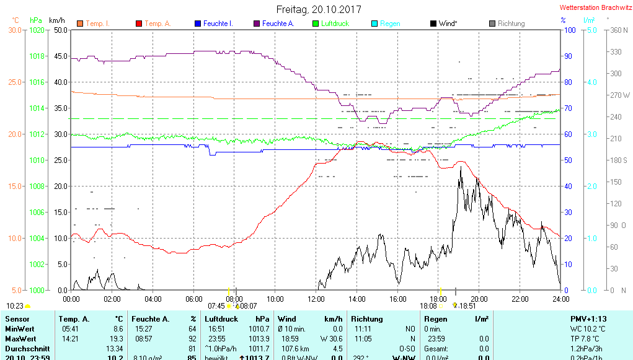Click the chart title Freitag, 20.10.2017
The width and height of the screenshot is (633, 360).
[x=319, y=9]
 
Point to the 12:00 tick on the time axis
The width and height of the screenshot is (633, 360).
[x=316, y=299]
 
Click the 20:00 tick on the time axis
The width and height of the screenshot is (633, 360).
[x=479, y=299]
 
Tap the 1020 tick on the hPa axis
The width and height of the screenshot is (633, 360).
[x=37, y=30]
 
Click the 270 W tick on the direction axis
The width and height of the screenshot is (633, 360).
[x=620, y=95]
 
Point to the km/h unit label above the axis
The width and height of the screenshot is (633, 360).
[x=57, y=20]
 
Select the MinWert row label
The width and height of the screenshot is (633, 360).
[x=20, y=329]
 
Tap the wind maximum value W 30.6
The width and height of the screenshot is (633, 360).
[x=332, y=339]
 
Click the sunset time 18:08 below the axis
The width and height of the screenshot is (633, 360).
[x=428, y=305]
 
